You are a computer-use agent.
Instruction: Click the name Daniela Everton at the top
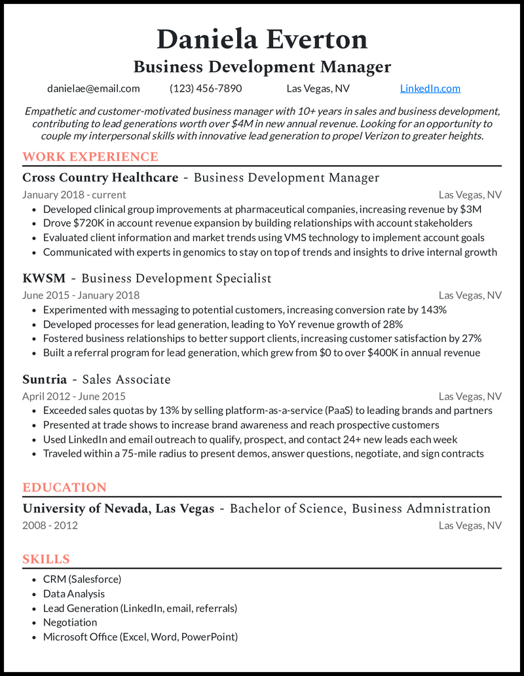(x=262, y=39)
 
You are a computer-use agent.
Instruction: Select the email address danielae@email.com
(x=94, y=88)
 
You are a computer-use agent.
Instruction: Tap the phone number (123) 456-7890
(x=206, y=88)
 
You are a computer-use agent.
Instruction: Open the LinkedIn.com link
(x=430, y=88)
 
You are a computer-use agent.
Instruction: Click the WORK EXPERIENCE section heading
(x=90, y=157)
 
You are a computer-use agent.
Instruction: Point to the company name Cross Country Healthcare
(x=100, y=178)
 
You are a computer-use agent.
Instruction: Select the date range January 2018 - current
(x=74, y=195)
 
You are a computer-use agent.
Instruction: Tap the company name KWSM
(x=44, y=278)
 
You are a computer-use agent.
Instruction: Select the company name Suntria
(x=45, y=379)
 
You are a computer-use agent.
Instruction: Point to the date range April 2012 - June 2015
(x=74, y=396)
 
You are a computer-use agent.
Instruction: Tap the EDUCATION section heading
(x=64, y=487)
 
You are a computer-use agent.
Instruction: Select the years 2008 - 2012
(x=50, y=525)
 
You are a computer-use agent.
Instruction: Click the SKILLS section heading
(x=46, y=559)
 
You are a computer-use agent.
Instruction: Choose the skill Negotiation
(x=70, y=622)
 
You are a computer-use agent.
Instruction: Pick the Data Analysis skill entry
(x=74, y=593)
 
